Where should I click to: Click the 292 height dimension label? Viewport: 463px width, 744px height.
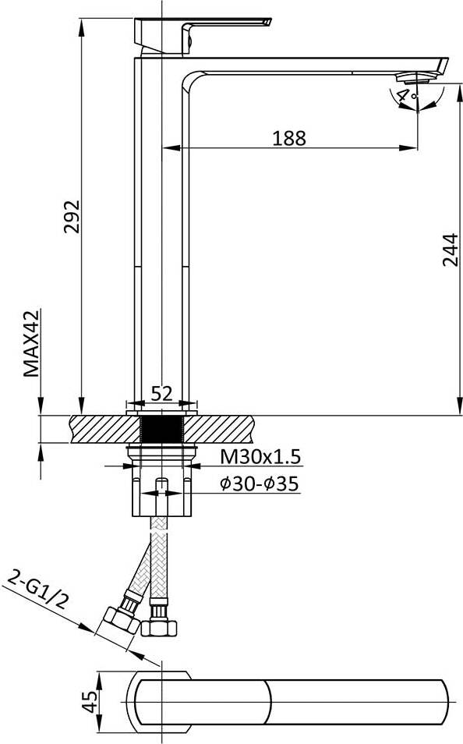point(72,217)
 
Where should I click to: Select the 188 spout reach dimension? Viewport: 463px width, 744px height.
point(289,138)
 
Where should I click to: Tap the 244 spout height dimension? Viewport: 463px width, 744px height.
point(450,250)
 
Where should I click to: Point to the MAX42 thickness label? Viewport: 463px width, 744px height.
point(32,343)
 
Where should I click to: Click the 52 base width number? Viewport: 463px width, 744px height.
point(162,393)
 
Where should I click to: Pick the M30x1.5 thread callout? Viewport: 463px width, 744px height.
point(260,457)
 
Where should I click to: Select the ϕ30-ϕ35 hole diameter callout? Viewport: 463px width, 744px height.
point(260,484)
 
